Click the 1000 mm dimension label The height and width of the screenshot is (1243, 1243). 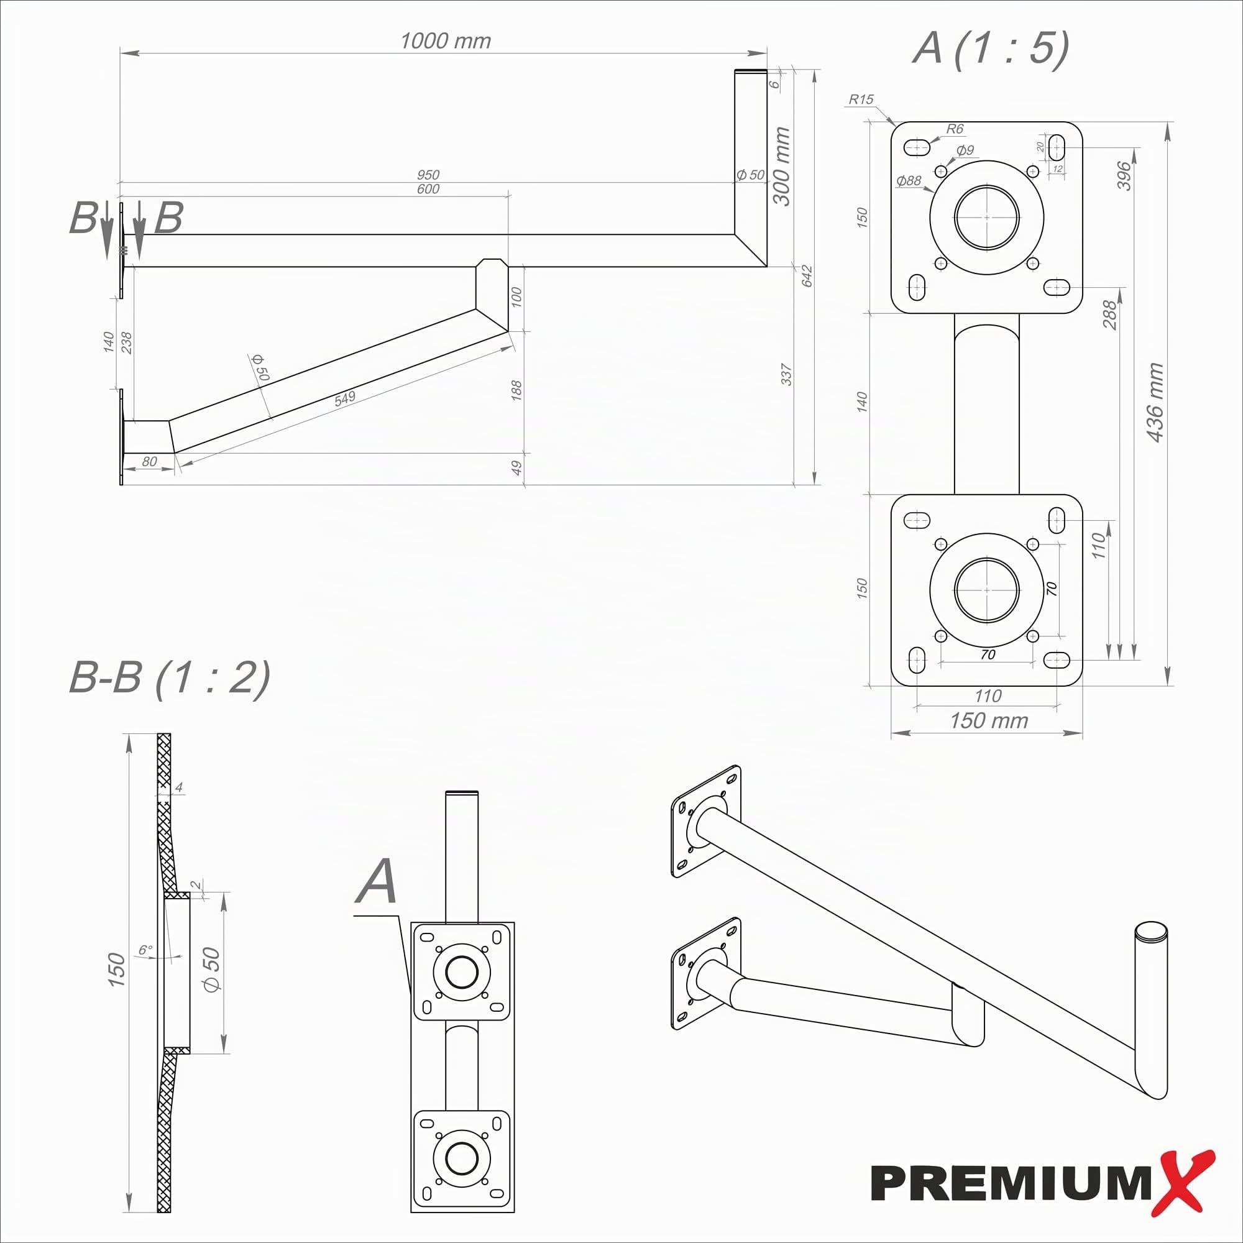(445, 41)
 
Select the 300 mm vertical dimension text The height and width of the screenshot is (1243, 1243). (781, 166)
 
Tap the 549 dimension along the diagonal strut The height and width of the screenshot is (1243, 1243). (345, 398)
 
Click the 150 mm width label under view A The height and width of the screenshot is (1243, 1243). (989, 720)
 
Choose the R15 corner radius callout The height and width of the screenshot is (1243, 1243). (861, 99)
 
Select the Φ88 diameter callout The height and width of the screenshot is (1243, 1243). (909, 181)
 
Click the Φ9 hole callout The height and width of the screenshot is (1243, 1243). (965, 150)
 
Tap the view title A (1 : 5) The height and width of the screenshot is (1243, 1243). (991, 49)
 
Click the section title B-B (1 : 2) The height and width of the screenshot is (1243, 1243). (169, 677)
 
